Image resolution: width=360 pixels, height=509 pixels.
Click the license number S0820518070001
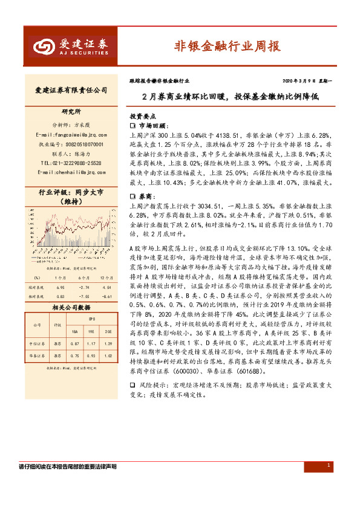(71, 144)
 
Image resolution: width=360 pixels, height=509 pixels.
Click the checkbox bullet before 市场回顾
(133, 125)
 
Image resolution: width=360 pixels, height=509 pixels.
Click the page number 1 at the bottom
(327, 465)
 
